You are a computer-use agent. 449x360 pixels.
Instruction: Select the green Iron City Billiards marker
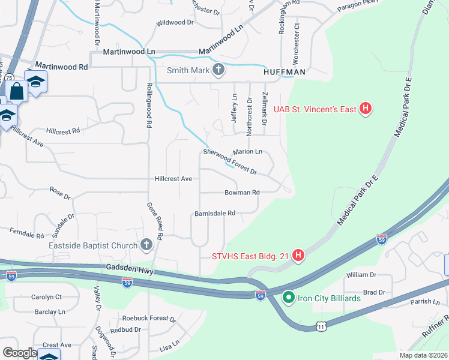click(x=288, y=298)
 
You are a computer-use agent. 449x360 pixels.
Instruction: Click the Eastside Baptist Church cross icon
click(x=146, y=245)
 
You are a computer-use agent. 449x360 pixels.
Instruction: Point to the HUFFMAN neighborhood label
click(x=285, y=72)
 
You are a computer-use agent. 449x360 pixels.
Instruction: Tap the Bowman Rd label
click(x=242, y=193)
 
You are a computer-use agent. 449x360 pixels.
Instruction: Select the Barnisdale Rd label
click(x=214, y=213)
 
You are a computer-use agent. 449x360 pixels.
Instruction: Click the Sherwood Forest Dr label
click(x=230, y=161)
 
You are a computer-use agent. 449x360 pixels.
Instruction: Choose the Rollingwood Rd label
click(x=148, y=106)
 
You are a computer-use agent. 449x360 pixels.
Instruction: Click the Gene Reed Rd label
click(x=154, y=221)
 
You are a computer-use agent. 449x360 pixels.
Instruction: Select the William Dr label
click(x=361, y=275)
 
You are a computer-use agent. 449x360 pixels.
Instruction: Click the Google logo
click(x=20, y=353)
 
